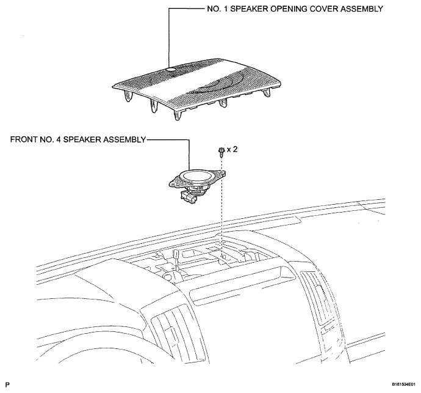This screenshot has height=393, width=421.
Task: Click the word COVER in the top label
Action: click(x=324, y=9)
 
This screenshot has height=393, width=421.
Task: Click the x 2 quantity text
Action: click(x=232, y=149)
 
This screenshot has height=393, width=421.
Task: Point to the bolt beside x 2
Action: click(x=221, y=152)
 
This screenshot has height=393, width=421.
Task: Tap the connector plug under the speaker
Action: click(x=189, y=197)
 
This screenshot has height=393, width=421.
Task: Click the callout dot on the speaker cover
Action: click(x=171, y=70)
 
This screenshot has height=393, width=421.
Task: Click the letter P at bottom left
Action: click(x=7, y=385)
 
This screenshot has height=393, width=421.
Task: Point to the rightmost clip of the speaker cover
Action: click(x=267, y=93)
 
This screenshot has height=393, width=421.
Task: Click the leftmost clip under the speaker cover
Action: click(x=128, y=96)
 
